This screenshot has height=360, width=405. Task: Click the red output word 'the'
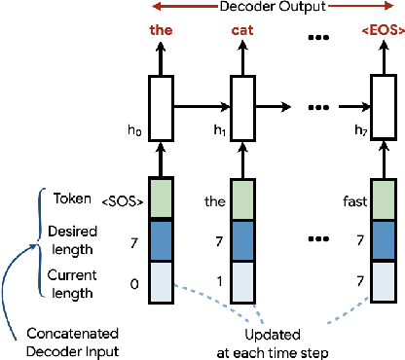click(x=160, y=29)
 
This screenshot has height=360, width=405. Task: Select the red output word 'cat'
click(x=241, y=29)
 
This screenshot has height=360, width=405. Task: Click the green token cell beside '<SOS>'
click(x=161, y=198)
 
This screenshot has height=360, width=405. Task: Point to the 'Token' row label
click(x=69, y=200)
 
